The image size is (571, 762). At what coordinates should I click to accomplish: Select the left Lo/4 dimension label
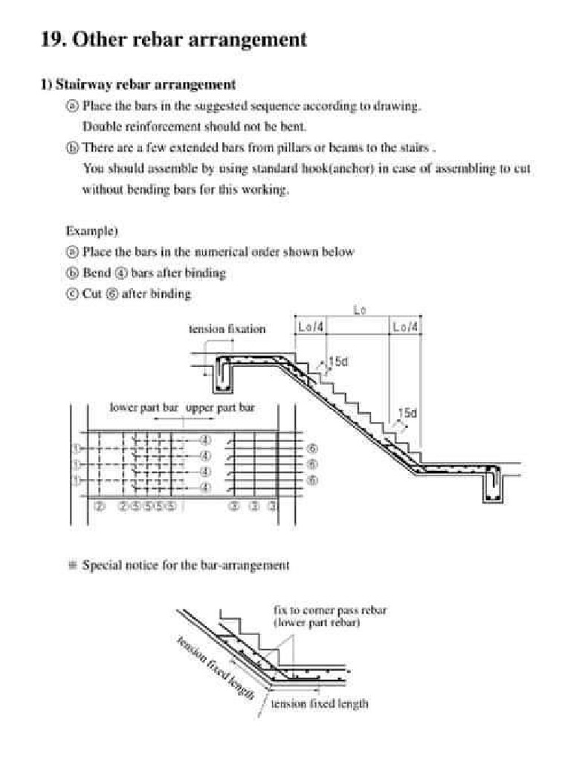click(x=311, y=327)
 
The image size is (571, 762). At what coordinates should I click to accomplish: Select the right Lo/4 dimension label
click(x=405, y=327)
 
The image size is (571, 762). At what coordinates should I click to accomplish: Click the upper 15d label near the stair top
click(x=338, y=362)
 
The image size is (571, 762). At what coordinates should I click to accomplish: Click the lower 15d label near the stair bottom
click(x=407, y=413)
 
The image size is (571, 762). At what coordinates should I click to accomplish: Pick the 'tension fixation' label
click(x=228, y=329)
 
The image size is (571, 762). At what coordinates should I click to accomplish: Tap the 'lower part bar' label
click(x=143, y=408)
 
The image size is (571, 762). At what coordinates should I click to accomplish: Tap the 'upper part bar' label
click(x=220, y=408)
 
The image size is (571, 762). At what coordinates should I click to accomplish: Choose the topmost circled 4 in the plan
click(x=206, y=439)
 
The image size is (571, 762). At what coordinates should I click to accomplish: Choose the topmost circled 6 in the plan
click(x=312, y=449)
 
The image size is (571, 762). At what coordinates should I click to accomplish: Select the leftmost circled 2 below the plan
click(x=100, y=507)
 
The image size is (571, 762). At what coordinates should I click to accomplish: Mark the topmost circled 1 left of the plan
click(x=76, y=449)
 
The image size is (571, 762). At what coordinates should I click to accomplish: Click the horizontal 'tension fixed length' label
click(x=319, y=703)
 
